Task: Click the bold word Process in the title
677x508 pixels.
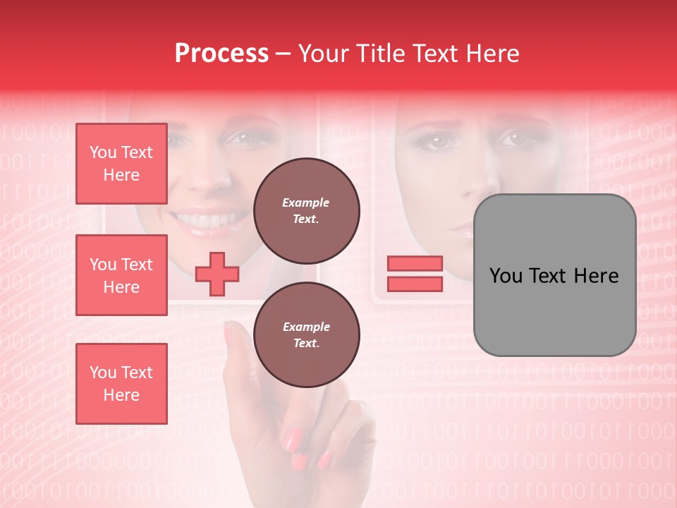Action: click(221, 54)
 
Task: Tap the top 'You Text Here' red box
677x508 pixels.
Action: click(121, 164)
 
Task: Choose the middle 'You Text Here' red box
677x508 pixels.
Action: click(121, 275)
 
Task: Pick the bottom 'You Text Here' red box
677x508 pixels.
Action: click(121, 384)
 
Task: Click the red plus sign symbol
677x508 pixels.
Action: click(216, 274)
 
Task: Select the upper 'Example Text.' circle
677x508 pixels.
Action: click(306, 211)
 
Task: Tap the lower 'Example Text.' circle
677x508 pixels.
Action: click(306, 335)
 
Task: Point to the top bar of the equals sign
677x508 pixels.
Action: click(415, 264)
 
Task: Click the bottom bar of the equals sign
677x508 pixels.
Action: click(415, 284)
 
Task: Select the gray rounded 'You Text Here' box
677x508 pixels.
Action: click(554, 275)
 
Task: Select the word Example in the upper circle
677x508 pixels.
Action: click(306, 203)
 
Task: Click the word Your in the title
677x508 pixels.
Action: click(322, 54)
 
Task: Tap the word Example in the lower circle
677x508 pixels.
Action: click(306, 327)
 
